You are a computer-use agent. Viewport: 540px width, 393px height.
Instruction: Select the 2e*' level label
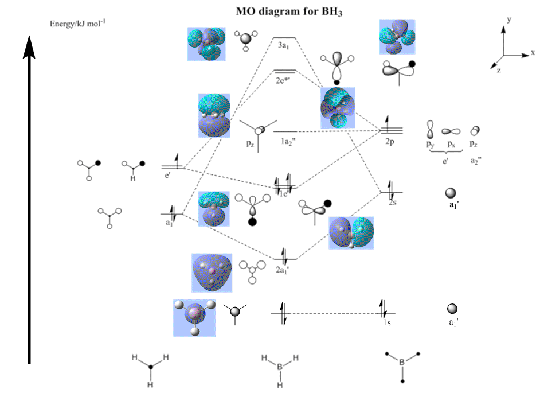(x=283, y=80)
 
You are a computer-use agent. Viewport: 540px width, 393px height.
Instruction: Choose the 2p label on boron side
(x=392, y=141)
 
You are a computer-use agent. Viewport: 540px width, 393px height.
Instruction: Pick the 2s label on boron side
(x=393, y=203)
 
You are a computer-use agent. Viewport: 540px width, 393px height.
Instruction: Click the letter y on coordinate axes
(x=509, y=20)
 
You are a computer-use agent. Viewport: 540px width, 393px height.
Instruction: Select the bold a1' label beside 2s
(x=453, y=204)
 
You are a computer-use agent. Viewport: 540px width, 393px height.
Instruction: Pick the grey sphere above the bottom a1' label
(x=452, y=309)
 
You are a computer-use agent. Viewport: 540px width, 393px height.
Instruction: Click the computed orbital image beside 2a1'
(x=212, y=273)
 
